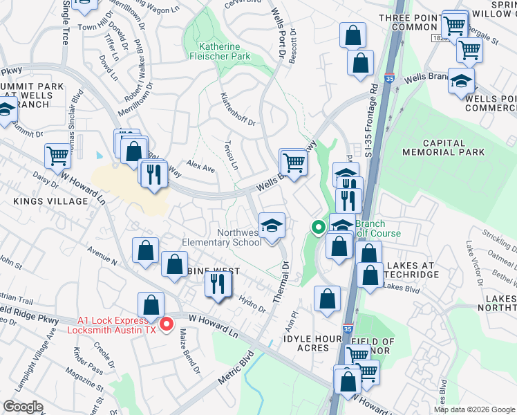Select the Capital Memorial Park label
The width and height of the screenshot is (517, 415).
[x=433, y=147]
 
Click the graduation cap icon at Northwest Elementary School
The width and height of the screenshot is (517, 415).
[x=272, y=225]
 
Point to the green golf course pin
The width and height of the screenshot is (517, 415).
[x=318, y=226]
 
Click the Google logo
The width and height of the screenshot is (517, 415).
[x=24, y=407]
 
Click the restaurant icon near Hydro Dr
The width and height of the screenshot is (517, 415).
[x=218, y=284]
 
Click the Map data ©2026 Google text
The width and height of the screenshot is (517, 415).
[x=474, y=409]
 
